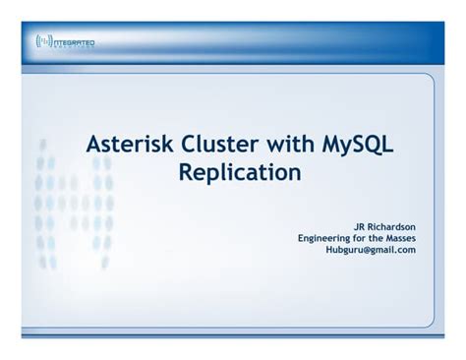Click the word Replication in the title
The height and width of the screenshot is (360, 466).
[239, 174]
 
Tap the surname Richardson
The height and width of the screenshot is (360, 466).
[390, 224]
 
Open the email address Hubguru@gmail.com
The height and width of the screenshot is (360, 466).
[371, 250]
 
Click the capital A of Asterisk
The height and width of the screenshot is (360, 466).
[94, 146]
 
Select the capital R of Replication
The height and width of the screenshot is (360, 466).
[186, 174]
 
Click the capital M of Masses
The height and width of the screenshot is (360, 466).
[385, 237]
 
